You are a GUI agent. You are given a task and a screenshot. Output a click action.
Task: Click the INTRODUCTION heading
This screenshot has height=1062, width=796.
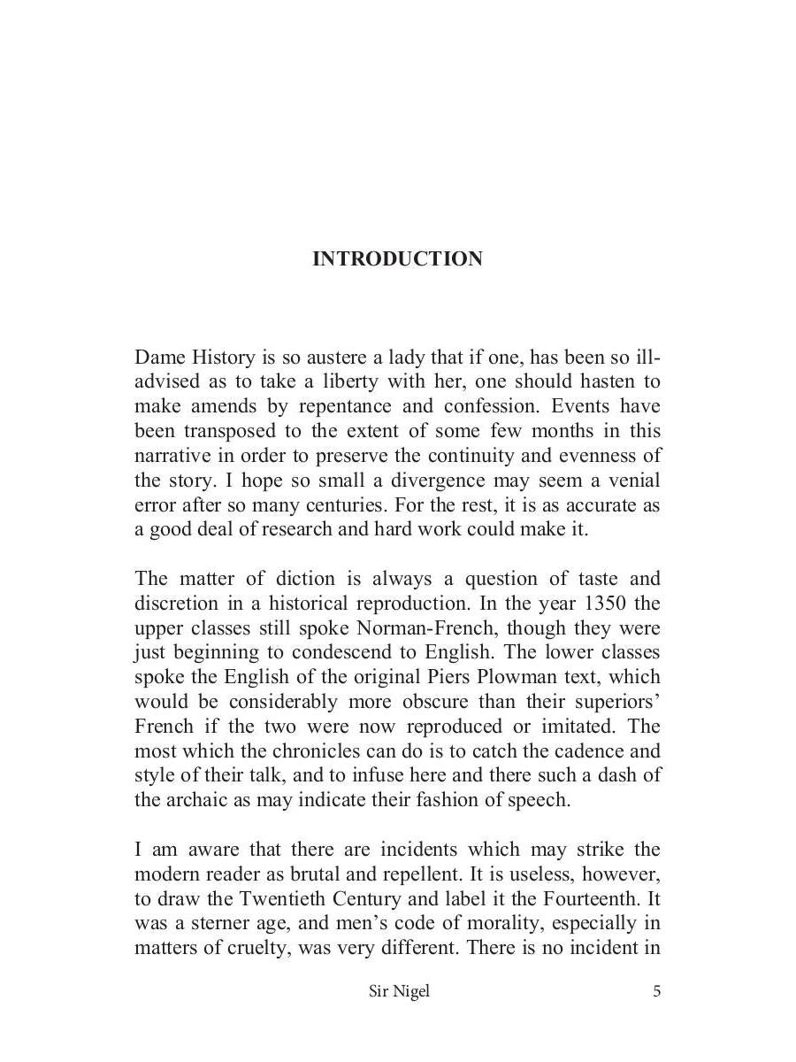tap(397, 259)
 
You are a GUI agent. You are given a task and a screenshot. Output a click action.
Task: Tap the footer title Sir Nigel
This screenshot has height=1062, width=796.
tap(399, 991)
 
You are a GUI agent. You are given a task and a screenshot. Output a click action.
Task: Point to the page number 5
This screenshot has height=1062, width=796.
tap(656, 991)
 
